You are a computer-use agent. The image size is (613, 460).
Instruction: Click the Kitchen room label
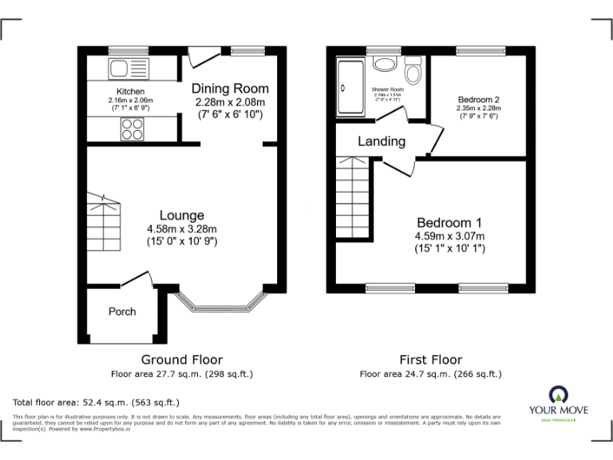pyautogui.click(x=130, y=91)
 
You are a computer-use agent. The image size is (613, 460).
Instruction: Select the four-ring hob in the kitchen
pyautogui.click(x=132, y=128)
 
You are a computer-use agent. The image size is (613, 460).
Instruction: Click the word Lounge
pyautogui.click(x=182, y=215)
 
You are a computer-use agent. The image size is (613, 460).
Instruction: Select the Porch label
pyautogui.click(x=122, y=311)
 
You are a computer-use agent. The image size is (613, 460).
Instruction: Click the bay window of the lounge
pyautogui.click(x=219, y=304)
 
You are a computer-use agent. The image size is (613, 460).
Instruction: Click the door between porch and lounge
pyautogui.click(x=136, y=281)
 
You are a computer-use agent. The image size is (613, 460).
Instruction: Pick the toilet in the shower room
pyautogui.click(x=413, y=71)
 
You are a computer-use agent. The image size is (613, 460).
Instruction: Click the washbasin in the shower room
pyautogui.click(x=386, y=64)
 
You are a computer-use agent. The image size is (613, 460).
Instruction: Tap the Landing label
pyautogui.click(x=382, y=141)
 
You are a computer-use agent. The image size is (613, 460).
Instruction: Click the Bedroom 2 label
pyautogui.click(x=478, y=100)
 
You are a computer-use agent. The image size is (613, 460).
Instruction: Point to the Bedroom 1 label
pyautogui.click(x=449, y=222)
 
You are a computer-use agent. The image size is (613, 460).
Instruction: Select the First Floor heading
pyautogui.click(x=430, y=360)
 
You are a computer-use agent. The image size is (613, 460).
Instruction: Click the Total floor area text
pyautogui.click(x=97, y=402)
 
